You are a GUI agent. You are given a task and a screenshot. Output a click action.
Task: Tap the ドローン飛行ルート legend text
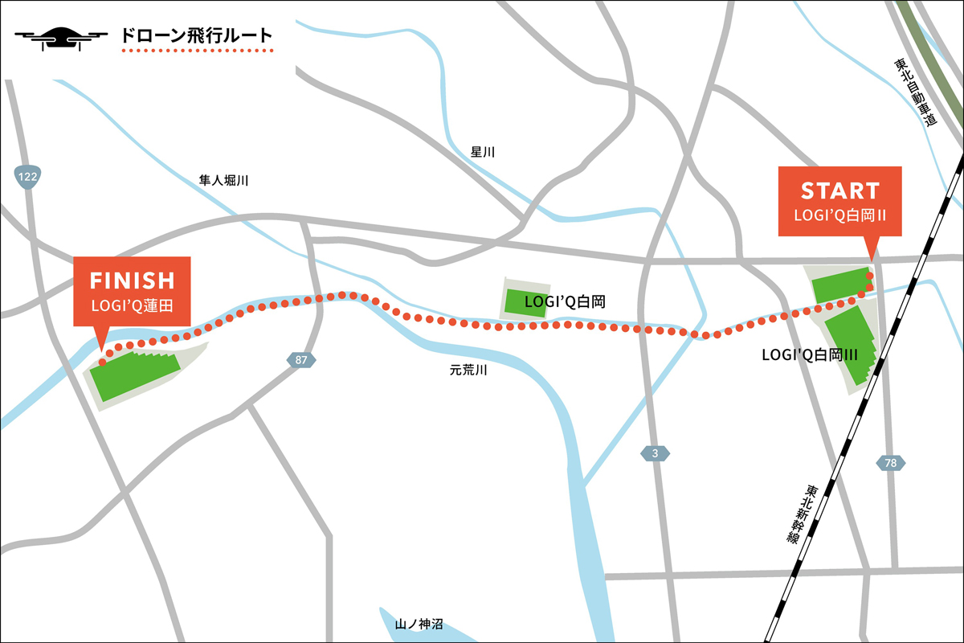[x=196, y=36]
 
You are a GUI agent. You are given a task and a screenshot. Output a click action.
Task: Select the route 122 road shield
[x=27, y=176]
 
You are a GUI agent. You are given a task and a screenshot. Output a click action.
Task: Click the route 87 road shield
[x=300, y=360]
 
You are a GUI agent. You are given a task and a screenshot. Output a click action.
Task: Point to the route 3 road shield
[x=655, y=454]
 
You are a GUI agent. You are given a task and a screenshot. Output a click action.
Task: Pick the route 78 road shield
[x=890, y=464]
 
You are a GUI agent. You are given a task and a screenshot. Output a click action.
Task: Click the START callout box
[x=840, y=201]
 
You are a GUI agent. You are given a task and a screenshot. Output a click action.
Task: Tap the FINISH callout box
[x=132, y=289]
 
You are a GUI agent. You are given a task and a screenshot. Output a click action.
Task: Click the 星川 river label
[x=484, y=152]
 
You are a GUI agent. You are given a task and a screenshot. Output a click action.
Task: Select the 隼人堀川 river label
[x=224, y=181]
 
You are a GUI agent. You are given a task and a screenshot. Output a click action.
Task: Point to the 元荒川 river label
[x=468, y=371]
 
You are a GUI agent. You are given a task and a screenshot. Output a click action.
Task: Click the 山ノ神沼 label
[x=419, y=624]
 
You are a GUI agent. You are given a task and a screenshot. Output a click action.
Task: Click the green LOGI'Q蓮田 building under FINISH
[x=133, y=375]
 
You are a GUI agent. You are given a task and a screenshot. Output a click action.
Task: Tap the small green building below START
[x=839, y=287]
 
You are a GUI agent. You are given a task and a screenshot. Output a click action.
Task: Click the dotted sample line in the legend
[x=198, y=51]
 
